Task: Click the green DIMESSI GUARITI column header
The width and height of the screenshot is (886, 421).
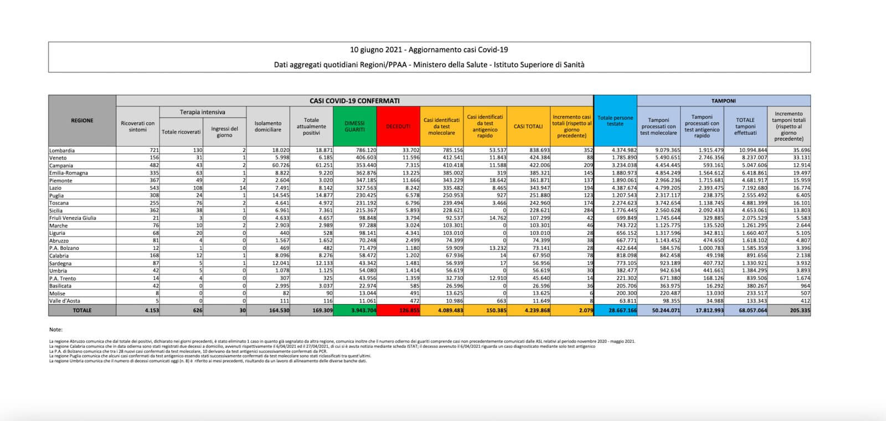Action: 355,126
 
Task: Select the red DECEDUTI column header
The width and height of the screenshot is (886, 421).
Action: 398,126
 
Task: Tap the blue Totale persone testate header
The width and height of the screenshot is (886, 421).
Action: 615,120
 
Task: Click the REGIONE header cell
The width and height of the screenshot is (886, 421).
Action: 82,120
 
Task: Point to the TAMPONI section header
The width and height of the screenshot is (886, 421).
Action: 723,101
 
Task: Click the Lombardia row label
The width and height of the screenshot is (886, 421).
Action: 61,151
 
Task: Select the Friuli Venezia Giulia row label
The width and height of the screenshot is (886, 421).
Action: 73,218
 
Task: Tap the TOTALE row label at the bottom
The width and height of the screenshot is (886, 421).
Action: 82,311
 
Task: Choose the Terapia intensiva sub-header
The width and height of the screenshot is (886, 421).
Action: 202,112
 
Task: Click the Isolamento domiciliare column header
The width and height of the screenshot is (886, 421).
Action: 268,126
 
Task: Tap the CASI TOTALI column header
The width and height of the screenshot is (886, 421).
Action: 528,126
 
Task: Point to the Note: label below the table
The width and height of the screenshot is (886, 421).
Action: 56,330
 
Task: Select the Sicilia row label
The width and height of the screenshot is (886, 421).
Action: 57,210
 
